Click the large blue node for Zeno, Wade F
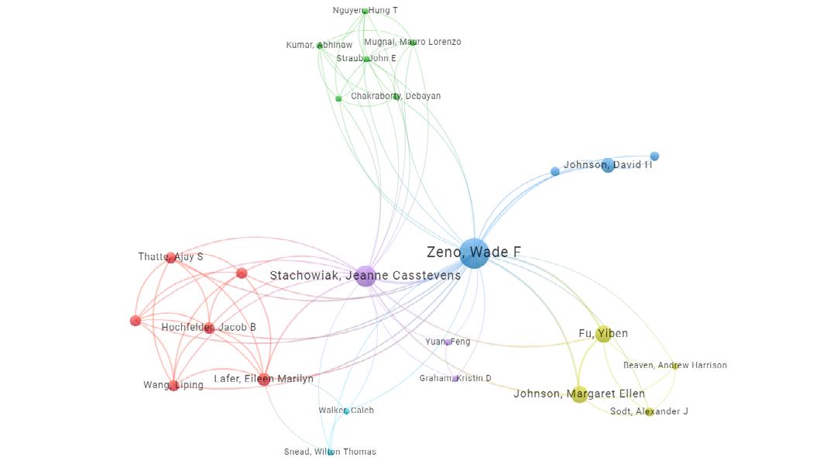coord(474,253)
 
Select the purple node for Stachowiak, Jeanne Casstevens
coord(365,275)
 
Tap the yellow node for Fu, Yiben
coord(603,335)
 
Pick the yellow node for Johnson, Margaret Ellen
coord(579,394)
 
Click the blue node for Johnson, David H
coord(608,165)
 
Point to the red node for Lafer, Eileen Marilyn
coord(264,380)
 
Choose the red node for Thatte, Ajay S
coord(171,258)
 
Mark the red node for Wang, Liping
coord(173,386)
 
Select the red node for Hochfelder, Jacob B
coord(209,328)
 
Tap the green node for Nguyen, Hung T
coord(365,11)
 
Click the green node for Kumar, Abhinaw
coord(320,46)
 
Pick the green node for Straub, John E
coord(367,59)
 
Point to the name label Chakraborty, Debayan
coord(396,96)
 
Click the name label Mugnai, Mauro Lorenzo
coord(413,42)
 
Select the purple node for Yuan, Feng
coord(448,342)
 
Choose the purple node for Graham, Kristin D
coord(455,379)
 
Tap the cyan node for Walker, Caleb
coord(346,411)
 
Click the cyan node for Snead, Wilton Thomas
coord(331,452)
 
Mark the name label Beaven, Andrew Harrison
coord(675,365)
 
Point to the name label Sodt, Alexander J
coord(649,411)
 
